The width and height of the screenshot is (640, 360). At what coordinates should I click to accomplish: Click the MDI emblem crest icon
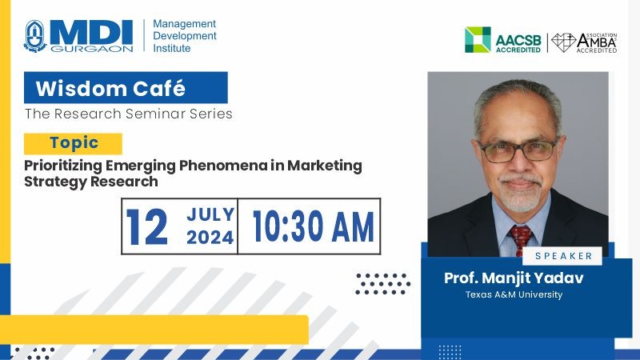click(x=35, y=36)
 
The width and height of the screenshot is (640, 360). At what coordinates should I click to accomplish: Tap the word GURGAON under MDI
click(x=92, y=49)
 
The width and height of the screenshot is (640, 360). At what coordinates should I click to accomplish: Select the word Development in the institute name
click(x=185, y=36)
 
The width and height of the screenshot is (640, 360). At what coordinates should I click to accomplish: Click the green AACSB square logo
click(x=478, y=39)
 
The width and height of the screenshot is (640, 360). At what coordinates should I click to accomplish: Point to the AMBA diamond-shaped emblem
click(x=563, y=42)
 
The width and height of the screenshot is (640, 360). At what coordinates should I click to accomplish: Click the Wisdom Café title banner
click(x=126, y=88)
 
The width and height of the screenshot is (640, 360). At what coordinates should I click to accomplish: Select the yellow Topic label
click(x=73, y=143)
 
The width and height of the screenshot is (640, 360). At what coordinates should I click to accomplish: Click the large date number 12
click(x=147, y=226)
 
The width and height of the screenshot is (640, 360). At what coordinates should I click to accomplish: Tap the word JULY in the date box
click(x=210, y=214)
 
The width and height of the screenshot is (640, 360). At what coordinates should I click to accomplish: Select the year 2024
click(x=210, y=238)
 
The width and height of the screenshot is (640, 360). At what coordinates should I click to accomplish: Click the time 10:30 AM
click(x=314, y=226)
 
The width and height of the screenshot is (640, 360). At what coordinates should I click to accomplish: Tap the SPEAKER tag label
click(x=562, y=256)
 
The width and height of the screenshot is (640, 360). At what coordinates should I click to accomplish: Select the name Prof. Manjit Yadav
click(x=514, y=278)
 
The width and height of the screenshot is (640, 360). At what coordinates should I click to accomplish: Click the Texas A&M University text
click(x=514, y=294)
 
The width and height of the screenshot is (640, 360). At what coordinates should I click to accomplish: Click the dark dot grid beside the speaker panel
click(x=382, y=284)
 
